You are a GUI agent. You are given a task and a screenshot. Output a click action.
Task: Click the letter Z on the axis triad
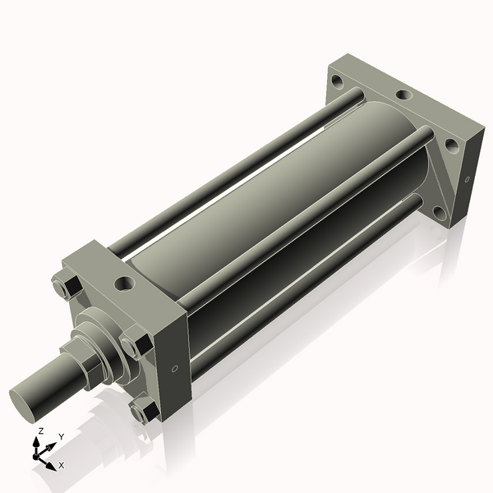(x=40, y=431)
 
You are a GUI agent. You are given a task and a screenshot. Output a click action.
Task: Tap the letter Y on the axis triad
(x=62, y=437)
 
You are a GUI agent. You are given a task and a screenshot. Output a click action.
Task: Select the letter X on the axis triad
(x=62, y=465)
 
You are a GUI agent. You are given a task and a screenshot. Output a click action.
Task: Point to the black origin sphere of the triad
(x=35, y=456)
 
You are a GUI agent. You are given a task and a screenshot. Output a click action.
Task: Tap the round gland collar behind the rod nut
(x=104, y=343)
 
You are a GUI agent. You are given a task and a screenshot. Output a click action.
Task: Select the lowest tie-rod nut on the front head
(x=144, y=409)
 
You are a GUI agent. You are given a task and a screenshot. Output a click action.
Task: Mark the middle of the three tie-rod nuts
(x=136, y=343)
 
